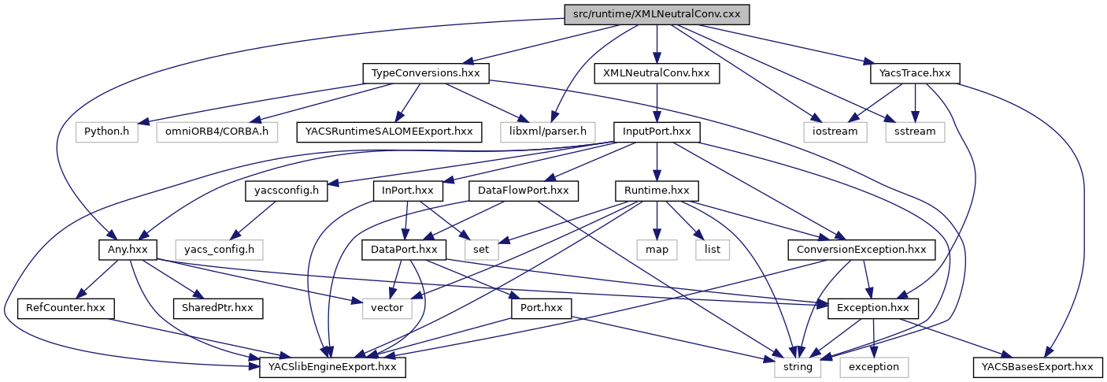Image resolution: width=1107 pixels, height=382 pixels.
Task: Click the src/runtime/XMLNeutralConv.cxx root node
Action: [x=657, y=14]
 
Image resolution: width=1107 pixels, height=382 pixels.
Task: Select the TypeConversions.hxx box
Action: [x=426, y=73]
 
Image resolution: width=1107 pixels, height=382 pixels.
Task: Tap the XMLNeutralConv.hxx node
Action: [x=656, y=73]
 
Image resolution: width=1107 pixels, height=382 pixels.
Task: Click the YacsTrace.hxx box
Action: [x=916, y=73]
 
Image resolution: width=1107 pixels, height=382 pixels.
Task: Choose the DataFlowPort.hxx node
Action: [x=524, y=191]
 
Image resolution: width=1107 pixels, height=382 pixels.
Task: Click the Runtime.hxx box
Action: [x=656, y=191]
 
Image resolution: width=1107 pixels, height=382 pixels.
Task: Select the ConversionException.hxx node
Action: [x=861, y=249]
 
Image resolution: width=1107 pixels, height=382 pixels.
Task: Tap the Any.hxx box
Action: [x=128, y=249]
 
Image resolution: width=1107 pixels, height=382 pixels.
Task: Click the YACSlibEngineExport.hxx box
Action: [x=333, y=366]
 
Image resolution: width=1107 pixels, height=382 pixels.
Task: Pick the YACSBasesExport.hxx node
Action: [x=1037, y=366]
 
